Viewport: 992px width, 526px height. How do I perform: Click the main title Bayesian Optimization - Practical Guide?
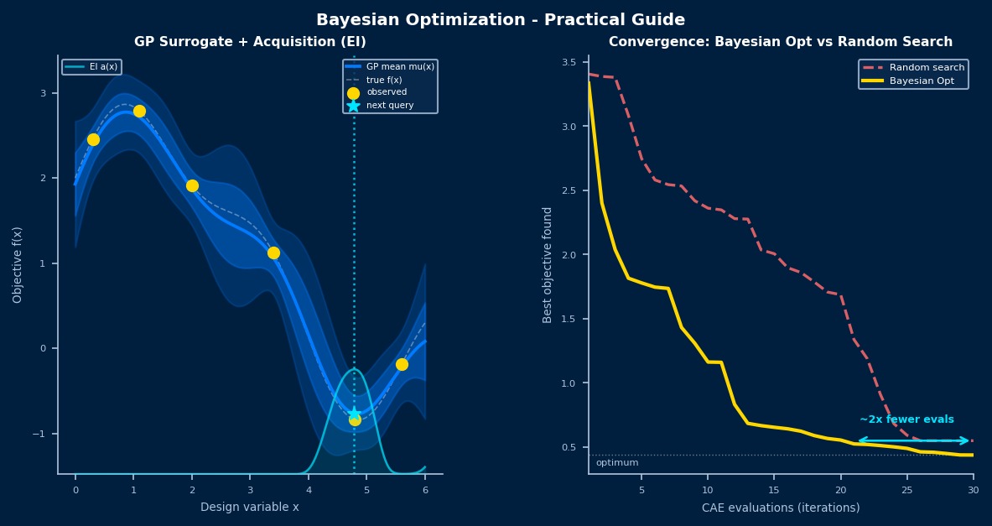tap(501, 20)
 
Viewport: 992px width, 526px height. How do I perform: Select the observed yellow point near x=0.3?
tap(93, 139)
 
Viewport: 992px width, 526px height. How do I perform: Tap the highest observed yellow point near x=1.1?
tap(139, 112)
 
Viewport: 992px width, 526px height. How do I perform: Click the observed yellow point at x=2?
tap(192, 185)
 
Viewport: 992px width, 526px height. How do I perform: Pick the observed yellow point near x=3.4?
tap(273, 253)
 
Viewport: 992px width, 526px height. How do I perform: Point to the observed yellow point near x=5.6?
tap(402, 364)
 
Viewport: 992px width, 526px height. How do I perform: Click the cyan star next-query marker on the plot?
tap(354, 413)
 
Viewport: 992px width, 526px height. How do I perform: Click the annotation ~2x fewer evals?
tap(906, 419)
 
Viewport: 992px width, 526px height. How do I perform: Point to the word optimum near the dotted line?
tap(617, 463)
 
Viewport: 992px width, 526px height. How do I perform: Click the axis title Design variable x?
tap(249, 508)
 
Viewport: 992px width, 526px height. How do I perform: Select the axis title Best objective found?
tap(548, 264)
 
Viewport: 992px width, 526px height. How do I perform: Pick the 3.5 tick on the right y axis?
tap(569, 62)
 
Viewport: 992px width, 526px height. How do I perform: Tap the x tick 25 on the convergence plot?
tap(906, 489)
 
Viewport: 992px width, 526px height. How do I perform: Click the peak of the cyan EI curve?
tap(354, 369)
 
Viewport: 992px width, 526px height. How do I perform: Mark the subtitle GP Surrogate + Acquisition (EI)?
tap(250, 42)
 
